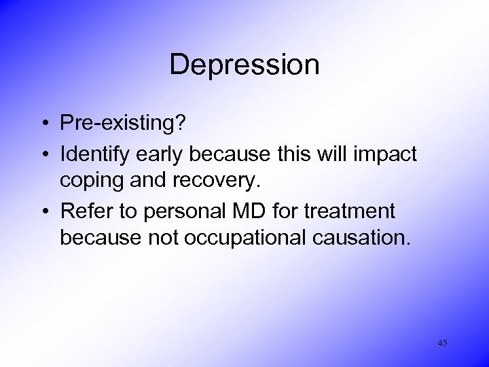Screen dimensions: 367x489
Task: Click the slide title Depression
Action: (x=244, y=65)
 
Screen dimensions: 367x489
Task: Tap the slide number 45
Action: (x=442, y=343)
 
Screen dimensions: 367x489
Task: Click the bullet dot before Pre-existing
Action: (x=43, y=123)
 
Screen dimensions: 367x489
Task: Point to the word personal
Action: (x=177, y=212)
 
